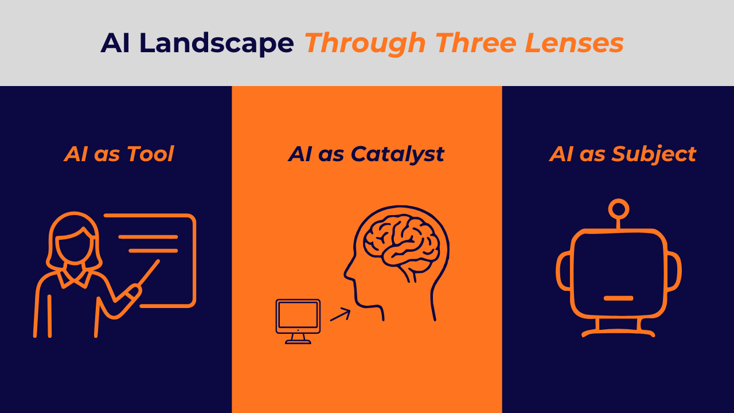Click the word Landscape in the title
coord(216,43)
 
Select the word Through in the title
coord(365,43)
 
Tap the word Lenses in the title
coord(574,42)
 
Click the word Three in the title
coord(476,42)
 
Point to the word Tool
coord(150,154)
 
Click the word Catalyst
coord(397,155)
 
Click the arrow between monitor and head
coord(341,314)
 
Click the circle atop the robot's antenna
coord(619,209)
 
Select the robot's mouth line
coord(618,298)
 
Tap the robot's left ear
coord(564,271)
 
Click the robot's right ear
coord(674,271)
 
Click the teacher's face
coord(75,247)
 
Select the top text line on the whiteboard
coord(148,237)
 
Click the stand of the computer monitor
coord(298,339)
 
